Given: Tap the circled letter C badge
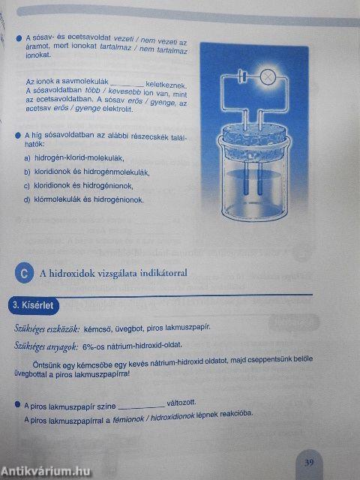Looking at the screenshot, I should (x=25, y=274).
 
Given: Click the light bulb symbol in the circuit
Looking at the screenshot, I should (x=267, y=75).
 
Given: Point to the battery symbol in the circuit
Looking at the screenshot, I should (x=241, y=75).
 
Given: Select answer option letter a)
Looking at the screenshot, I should (x=27, y=158).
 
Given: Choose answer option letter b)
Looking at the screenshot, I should (x=27, y=172).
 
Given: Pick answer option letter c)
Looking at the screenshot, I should (x=27, y=186).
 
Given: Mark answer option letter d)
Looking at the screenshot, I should (x=27, y=200).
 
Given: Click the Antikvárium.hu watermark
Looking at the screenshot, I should (x=46, y=470).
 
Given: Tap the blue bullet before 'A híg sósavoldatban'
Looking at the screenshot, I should (x=17, y=135).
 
